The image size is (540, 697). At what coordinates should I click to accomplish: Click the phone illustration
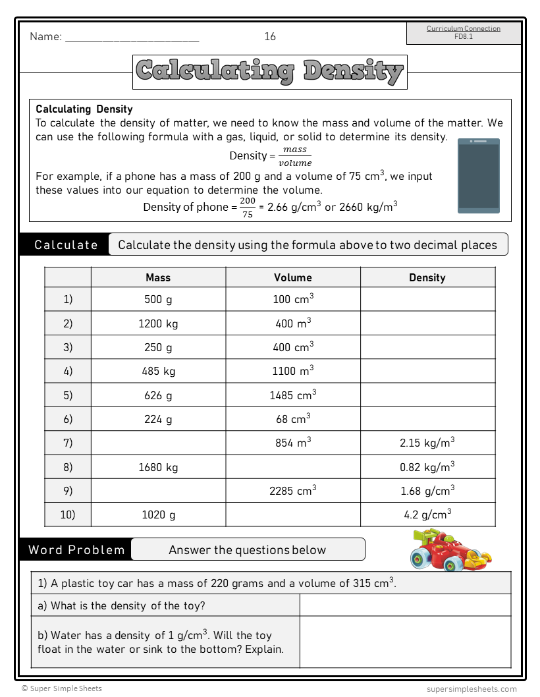coord(479,175)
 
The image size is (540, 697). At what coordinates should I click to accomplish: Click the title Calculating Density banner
coord(270,72)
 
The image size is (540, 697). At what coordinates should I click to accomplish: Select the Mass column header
coord(158,277)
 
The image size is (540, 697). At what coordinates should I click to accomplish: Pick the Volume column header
coord(293,277)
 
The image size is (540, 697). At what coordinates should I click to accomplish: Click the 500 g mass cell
coord(158,299)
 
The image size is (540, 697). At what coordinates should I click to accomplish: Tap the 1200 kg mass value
coord(158,323)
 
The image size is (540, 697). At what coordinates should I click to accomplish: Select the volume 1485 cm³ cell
coord(293,395)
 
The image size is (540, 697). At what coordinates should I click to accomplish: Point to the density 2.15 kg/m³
coord(427,443)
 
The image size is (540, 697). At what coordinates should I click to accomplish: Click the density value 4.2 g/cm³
coord(427,515)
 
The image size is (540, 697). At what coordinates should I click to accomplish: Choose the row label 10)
coord(68,515)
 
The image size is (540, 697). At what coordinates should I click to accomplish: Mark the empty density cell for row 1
coord(427,299)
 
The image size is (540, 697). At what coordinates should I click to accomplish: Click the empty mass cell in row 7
coord(158,443)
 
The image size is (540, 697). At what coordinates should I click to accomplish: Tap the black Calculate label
coord(66,245)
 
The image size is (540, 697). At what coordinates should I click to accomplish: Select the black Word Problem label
coord(76,549)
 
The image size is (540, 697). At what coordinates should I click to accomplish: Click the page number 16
coord(270,37)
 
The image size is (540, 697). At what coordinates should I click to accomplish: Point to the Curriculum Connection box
coord(464,33)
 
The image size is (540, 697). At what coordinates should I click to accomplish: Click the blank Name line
coord(132,38)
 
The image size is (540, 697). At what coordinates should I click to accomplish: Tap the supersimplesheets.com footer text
coord(472,688)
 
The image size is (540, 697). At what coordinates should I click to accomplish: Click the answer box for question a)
coord(405,605)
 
